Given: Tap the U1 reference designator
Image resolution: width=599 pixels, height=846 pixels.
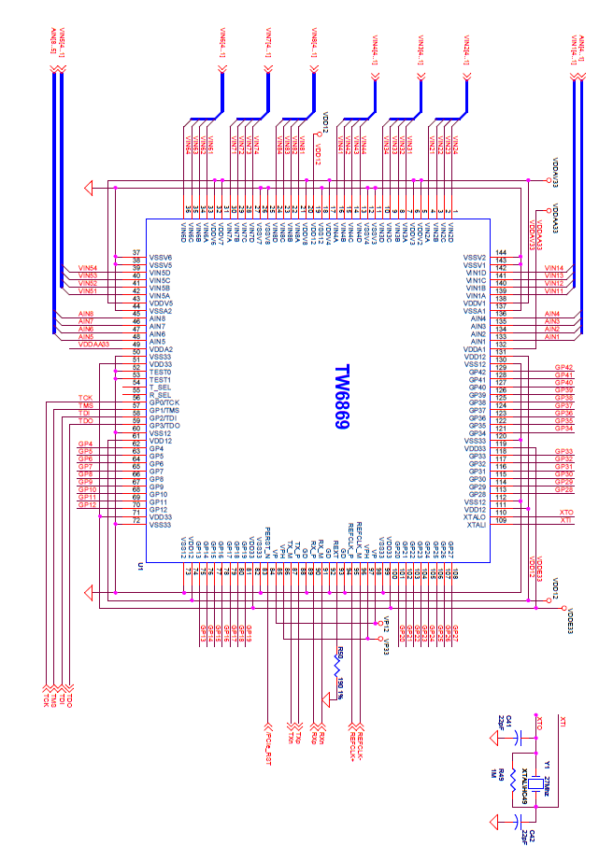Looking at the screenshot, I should coord(139,566).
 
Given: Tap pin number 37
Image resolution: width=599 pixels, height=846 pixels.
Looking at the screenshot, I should coord(136,253).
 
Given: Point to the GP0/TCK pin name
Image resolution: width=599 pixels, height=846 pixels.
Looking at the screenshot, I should coord(166,402).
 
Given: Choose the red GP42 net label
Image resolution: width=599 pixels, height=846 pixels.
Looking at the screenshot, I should coord(563,368).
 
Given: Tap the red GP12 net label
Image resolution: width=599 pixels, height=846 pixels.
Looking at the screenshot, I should coord(87,505).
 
